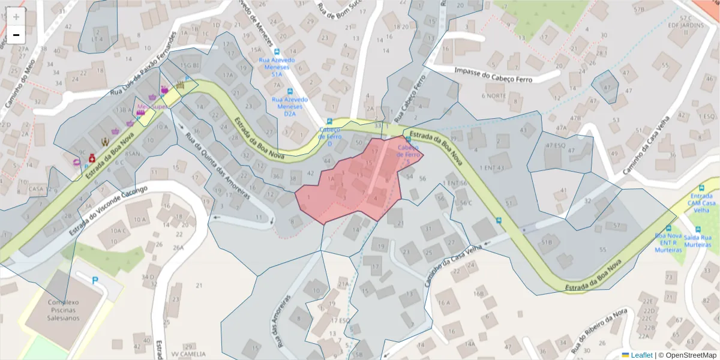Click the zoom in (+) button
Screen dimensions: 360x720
[x=16, y=17]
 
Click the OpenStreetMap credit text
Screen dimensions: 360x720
[x=687, y=355]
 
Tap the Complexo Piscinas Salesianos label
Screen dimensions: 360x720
[x=55, y=310]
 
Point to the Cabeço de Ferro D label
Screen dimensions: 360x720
[x=329, y=136]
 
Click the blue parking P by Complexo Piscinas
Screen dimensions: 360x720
[x=95, y=280]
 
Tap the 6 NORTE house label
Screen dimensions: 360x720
[x=494, y=96]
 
